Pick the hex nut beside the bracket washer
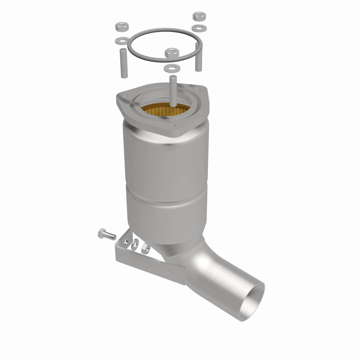point(145,248)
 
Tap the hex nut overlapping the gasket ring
point(172,53)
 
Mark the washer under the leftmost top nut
point(120,41)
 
